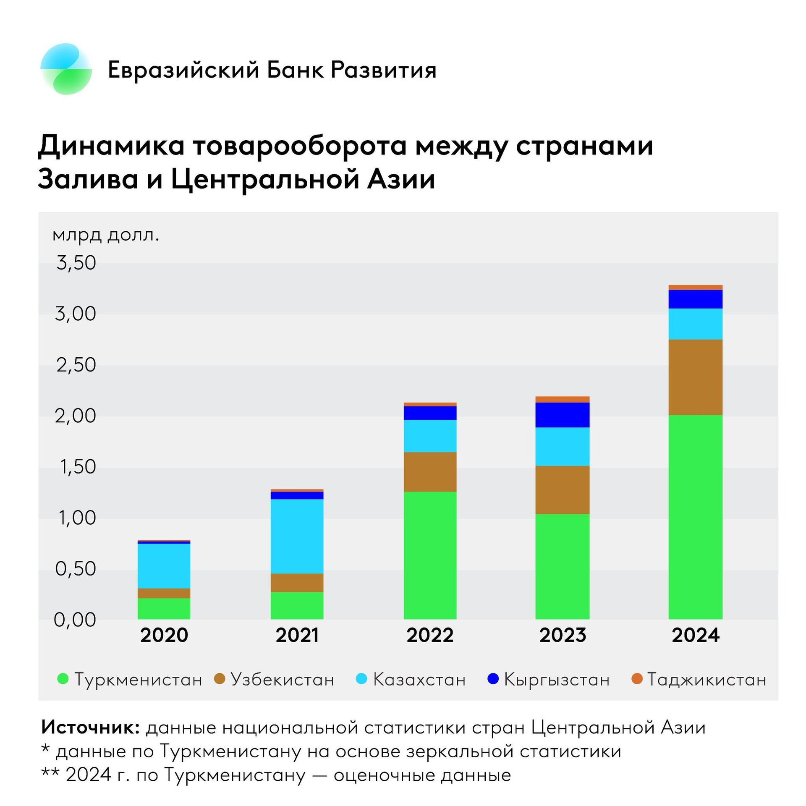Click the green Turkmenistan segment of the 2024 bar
[x=695, y=516]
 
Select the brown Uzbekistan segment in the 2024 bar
[x=695, y=377]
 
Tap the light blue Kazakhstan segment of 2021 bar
[x=297, y=536]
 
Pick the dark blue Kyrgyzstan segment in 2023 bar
[x=562, y=415]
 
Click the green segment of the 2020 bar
[x=164, y=608]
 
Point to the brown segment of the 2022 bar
[x=430, y=471]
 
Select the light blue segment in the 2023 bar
[x=562, y=446]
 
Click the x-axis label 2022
[x=430, y=635]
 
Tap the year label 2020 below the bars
[x=164, y=635]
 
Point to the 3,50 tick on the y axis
[x=76, y=263]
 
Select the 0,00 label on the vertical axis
[x=75, y=620]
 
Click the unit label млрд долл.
[x=106, y=235]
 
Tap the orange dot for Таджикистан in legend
[x=637, y=678]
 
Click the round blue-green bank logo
[x=66, y=69]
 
